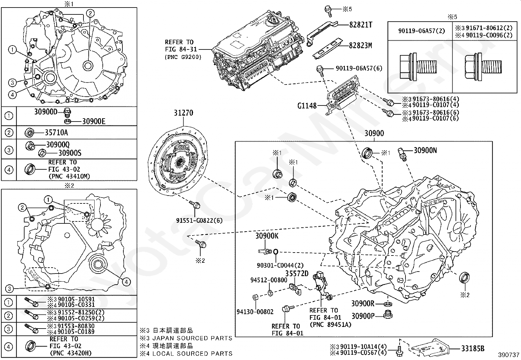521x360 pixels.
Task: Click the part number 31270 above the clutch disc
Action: coord(183,113)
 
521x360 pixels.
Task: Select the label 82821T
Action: coord(361,25)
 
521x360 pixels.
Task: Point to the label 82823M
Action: coord(360,46)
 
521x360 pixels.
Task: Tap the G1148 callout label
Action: coord(307,106)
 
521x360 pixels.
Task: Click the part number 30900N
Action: coord(425,150)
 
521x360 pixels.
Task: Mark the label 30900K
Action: coord(267,236)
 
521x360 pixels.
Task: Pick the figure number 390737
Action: coord(509,355)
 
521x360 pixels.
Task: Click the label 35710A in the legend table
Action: coord(56,133)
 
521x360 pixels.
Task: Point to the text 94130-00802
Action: coord(255,312)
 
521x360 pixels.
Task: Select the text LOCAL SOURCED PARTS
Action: coord(193,353)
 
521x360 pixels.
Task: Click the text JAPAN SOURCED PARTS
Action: coord(193,338)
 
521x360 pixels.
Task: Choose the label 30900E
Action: coord(93,122)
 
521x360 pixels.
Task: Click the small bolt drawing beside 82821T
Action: coord(328,10)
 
